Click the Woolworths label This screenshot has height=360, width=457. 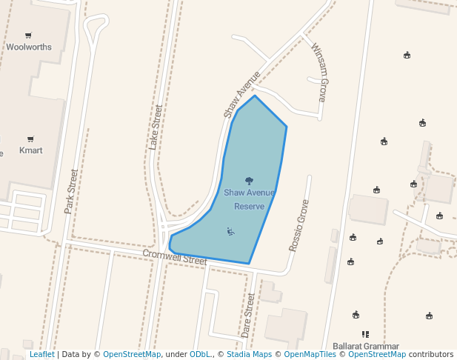click(x=29, y=47)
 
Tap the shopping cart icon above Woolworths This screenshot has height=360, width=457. click(x=29, y=35)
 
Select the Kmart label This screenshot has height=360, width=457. click(x=30, y=150)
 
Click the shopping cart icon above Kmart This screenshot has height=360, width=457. click(x=30, y=139)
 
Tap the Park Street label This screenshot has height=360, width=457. click(x=71, y=192)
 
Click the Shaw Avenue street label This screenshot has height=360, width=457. click(x=242, y=94)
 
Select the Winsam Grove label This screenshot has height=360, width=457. click(x=318, y=72)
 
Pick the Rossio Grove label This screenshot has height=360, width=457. click(x=298, y=225)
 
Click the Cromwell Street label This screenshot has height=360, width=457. click(x=175, y=256)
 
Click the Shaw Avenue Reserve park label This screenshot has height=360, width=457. click(x=249, y=199)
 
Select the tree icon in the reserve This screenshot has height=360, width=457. click(x=249, y=181)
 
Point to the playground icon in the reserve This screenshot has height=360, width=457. click(x=231, y=232)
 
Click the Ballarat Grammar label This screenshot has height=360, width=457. click(x=366, y=346)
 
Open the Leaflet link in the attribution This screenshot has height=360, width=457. click(x=41, y=355)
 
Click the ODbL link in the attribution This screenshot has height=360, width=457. click(x=200, y=355)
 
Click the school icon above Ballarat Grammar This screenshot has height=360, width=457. click(x=365, y=334)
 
